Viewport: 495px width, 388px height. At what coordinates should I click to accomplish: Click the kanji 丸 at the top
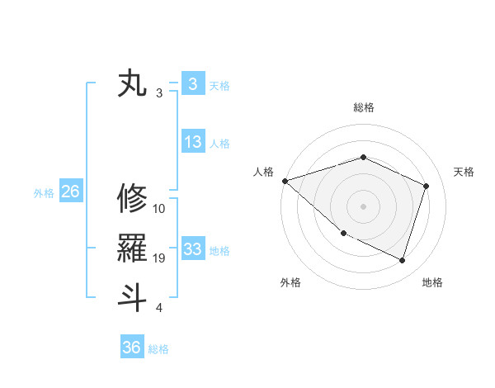(x=133, y=84)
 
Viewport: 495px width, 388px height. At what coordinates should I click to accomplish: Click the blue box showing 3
(x=192, y=84)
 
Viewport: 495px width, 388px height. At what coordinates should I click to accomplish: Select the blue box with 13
(x=192, y=142)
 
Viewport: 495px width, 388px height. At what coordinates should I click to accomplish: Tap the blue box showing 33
(x=192, y=248)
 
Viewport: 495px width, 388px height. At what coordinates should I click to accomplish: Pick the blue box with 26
(x=70, y=192)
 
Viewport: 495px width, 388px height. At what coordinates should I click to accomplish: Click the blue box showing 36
(x=132, y=348)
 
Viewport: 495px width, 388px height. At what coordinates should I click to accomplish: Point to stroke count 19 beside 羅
(x=159, y=259)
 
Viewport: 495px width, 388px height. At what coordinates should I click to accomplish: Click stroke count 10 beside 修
(x=159, y=210)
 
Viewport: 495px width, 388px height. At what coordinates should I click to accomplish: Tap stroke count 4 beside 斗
(x=159, y=308)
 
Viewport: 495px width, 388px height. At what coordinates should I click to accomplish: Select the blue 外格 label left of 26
(x=44, y=193)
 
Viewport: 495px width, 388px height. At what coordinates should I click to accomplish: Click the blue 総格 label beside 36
(x=158, y=349)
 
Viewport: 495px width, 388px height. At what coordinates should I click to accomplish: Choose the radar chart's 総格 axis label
(x=364, y=107)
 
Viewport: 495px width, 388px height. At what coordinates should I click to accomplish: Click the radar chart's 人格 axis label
(x=263, y=172)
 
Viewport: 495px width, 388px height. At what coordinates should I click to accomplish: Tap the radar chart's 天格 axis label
(x=464, y=172)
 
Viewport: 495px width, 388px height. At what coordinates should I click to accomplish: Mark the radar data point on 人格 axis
(x=285, y=181)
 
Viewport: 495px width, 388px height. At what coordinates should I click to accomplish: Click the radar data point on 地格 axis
(x=403, y=260)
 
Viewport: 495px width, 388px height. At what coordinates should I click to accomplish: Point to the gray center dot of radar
(x=363, y=206)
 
